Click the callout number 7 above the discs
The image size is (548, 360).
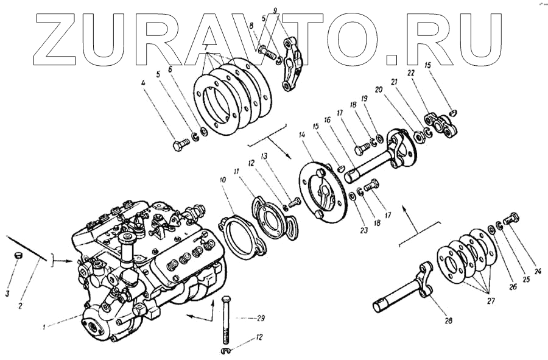click(208, 47)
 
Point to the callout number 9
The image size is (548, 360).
click(275, 10)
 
